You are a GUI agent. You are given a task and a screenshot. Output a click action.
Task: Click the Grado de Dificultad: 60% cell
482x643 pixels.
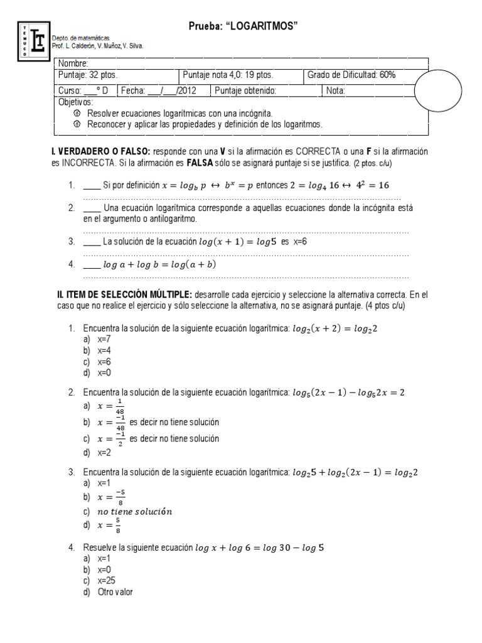[351, 75]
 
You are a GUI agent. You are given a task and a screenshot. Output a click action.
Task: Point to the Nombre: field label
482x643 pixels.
[73, 63]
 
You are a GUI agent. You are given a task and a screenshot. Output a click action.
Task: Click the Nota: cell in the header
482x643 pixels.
[336, 90]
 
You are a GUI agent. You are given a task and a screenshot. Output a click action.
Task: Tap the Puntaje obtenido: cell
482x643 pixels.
[245, 90]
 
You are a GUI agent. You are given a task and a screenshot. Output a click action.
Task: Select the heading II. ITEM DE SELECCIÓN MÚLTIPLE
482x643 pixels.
[124, 294]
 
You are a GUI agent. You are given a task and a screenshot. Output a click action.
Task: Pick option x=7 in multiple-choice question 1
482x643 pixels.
[104, 339]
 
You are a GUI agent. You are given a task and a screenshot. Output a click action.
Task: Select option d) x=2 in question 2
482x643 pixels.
[104, 452]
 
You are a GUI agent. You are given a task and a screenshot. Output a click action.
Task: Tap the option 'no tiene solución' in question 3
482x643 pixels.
[135, 511]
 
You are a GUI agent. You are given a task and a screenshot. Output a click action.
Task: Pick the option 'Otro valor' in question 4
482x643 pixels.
[115, 592]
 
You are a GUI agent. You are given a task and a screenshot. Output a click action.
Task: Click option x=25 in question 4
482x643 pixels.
[106, 580]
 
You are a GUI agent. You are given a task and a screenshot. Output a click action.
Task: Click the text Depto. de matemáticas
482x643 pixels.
[80, 38]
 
